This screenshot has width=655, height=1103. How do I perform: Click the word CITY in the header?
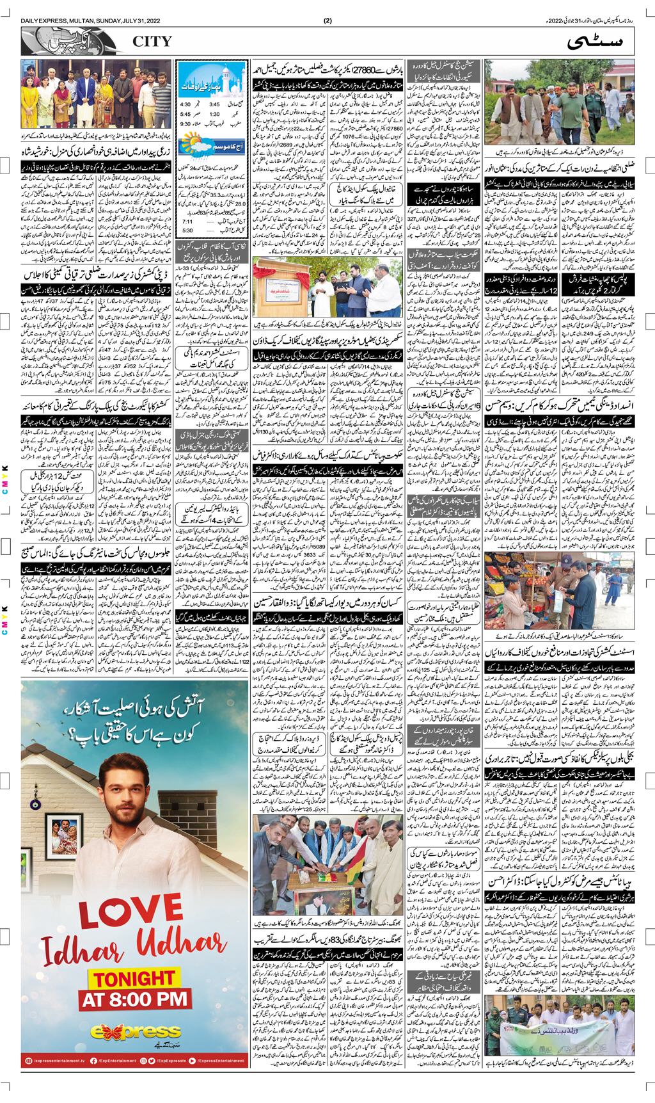pos(152,42)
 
